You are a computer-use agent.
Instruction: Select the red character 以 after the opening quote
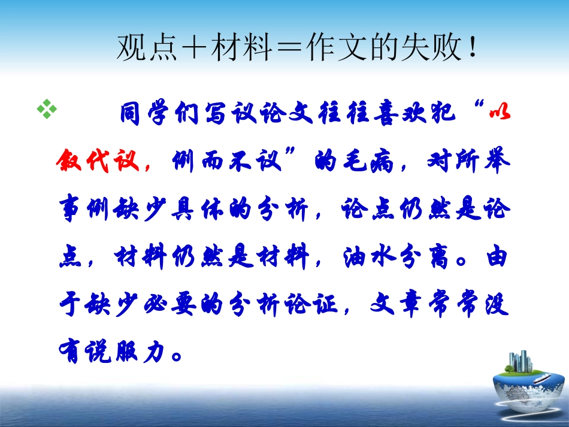tap(498, 113)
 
